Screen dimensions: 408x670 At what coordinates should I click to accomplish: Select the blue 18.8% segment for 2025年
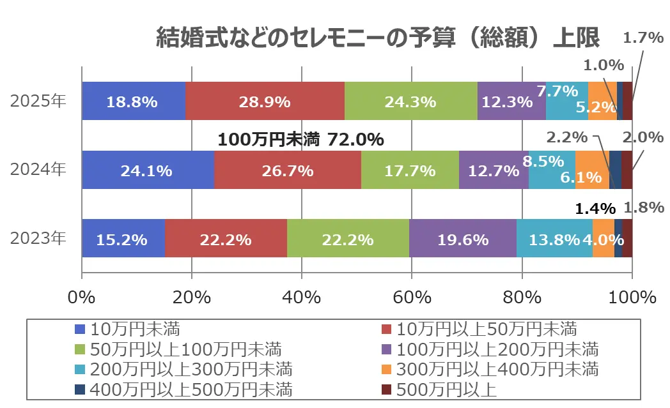point(134,101)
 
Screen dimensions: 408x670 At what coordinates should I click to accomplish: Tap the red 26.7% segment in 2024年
point(287,170)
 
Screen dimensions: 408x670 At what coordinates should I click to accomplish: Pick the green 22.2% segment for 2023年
point(348,239)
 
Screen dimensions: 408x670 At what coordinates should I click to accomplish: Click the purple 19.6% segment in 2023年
point(462,239)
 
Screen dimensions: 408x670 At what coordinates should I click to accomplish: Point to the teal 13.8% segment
point(554,239)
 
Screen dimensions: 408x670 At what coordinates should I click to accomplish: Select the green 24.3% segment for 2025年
point(410,101)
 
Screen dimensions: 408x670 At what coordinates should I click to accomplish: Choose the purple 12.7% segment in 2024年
point(494,170)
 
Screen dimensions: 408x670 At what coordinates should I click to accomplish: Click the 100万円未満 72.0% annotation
point(300,139)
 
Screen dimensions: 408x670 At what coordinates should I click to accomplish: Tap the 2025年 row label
point(38,102)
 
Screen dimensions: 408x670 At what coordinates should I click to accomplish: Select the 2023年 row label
point(38,239)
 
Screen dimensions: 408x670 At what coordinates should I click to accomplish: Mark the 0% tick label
point(82,297)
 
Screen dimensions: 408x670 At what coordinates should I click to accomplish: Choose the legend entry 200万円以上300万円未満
point(191,369)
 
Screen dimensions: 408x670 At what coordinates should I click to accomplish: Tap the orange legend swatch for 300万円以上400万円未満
point(386,369)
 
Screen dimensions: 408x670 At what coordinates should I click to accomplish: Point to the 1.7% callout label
point(643,38)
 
